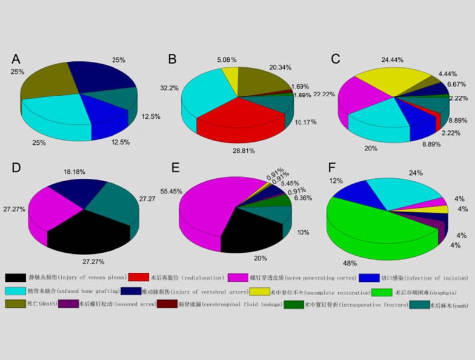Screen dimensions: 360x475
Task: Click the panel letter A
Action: click(16, 59)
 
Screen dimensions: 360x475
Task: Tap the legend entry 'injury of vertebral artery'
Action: click(199, 291)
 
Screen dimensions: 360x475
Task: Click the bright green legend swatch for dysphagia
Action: click(381, 291)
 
